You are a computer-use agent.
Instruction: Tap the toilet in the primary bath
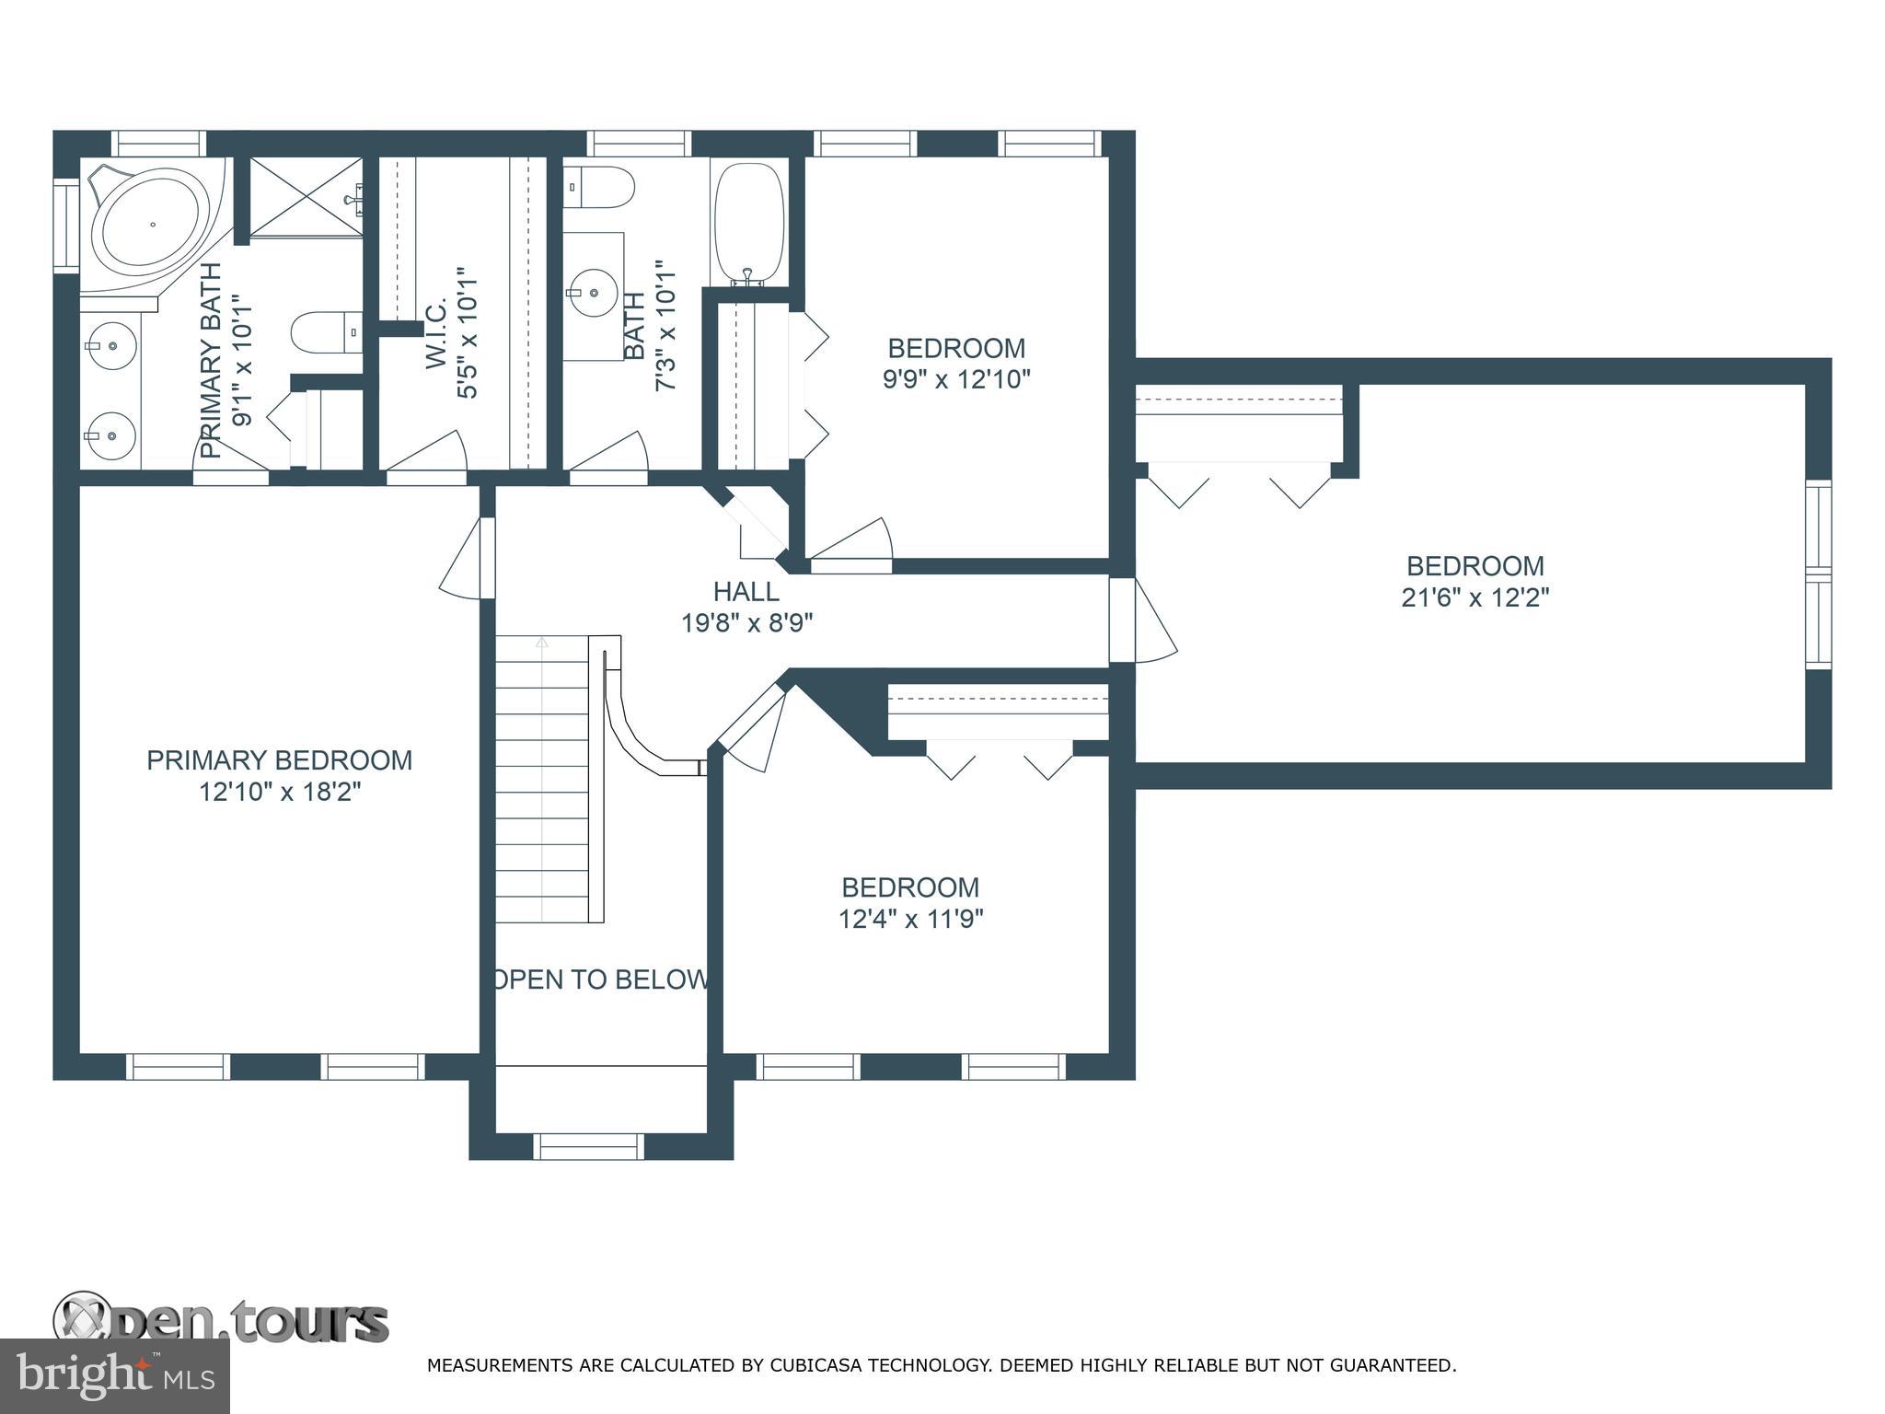(327, 331)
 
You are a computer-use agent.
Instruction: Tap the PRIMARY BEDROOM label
(280, 760)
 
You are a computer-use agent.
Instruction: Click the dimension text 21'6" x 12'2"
(1475, 597)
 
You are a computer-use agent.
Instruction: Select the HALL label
(746, 591)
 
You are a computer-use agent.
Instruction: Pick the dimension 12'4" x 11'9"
(911, 919)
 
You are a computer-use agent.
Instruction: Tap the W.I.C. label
(437, 333)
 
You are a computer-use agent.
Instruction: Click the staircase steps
(542, 779)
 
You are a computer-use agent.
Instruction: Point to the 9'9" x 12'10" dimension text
(957, 379)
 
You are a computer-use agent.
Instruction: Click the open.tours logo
(221, 1322)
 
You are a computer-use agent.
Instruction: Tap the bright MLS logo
(115, 1376)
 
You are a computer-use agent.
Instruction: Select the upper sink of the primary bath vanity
(110, 346)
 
